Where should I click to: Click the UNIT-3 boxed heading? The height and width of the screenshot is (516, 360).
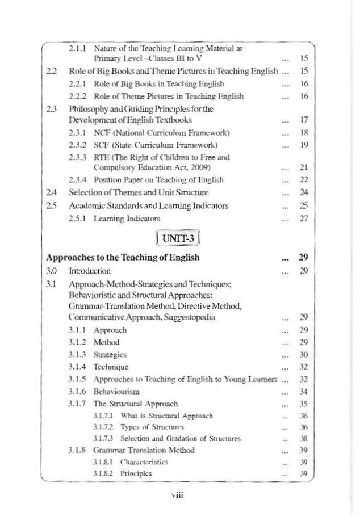click(x=175, y=234)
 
